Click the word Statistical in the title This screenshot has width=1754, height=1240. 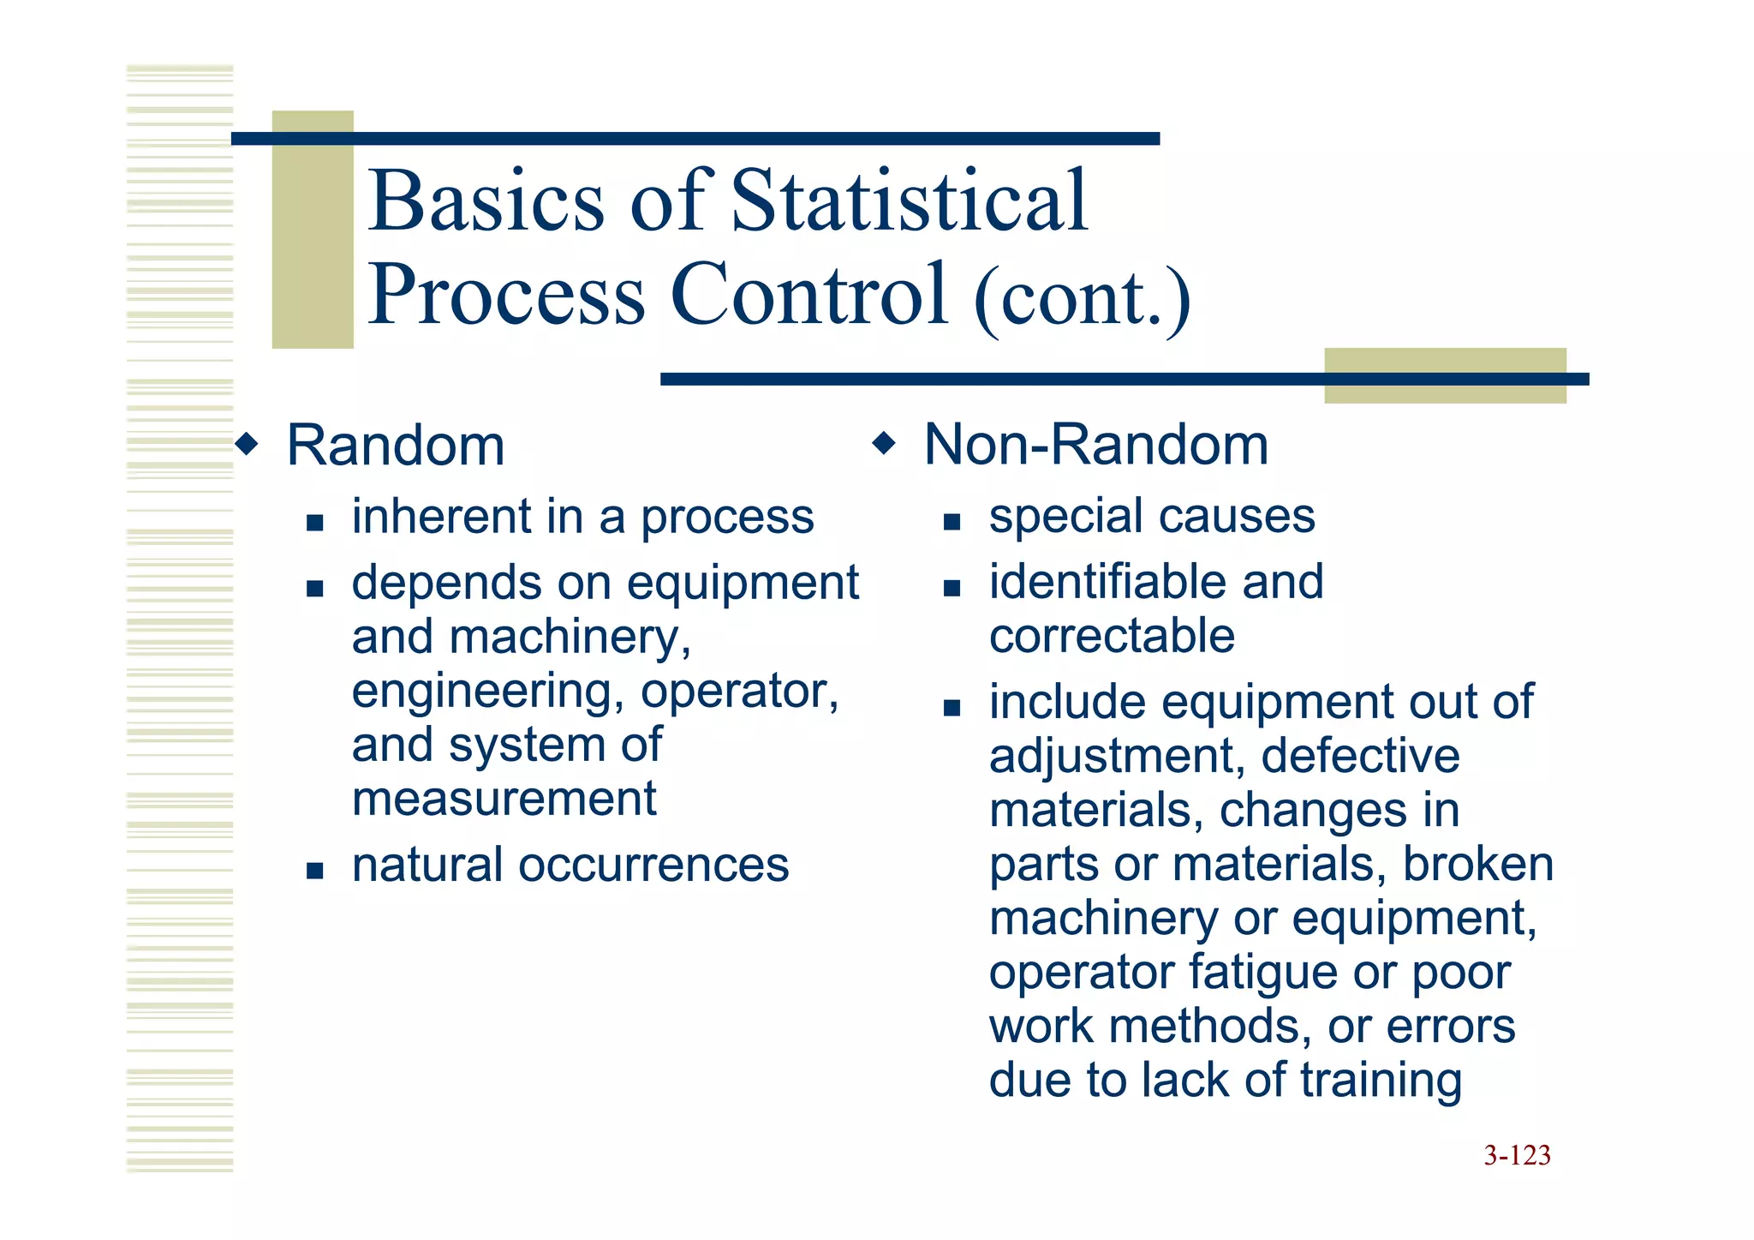[910, 201]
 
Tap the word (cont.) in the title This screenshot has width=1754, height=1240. [1082, 297]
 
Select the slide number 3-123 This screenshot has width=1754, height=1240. [1517, 1155]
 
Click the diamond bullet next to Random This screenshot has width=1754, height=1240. [247, 444]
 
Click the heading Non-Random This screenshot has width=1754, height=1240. [1096, 445]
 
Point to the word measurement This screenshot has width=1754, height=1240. [504, 799]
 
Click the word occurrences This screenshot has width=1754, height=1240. [653, 865]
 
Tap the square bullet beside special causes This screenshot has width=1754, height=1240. [952, 521]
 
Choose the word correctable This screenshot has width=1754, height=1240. [1112, 636]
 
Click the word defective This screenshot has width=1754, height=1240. [1360, 757]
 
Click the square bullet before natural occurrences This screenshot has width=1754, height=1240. [314, 871]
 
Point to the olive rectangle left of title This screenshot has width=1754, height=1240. [312, 229]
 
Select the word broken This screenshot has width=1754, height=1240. [1477, 865]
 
